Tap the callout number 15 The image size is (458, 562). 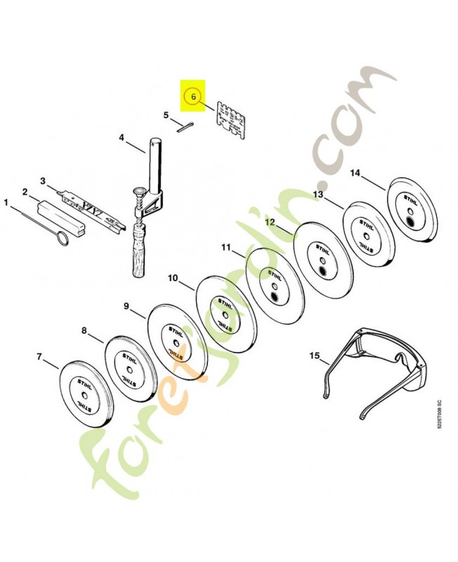313,357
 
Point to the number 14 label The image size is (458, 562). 355,173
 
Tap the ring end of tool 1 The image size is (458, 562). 63,240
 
